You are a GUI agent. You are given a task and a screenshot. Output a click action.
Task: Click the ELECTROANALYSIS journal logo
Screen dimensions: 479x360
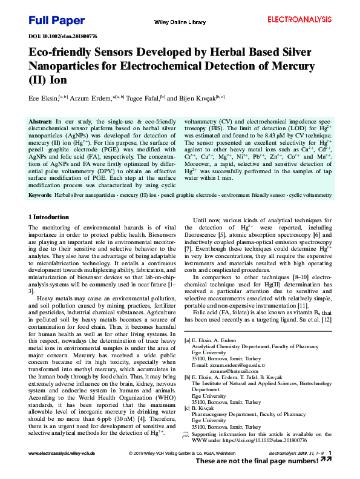(299, 20)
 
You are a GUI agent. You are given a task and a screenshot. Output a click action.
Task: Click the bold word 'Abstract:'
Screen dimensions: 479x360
(41, 122)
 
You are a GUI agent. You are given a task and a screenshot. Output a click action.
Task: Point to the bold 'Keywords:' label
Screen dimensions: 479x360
(40, 196)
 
